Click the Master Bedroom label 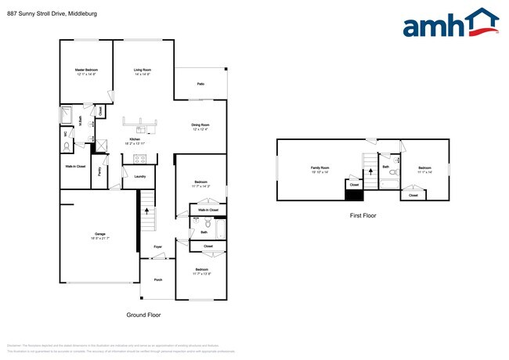click(x=85, y=70)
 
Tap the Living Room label click(x=142, y=70)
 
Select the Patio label click(x=200, y=84)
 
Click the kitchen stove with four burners click(x=141, y=159)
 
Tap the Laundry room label click(x=140, y=177)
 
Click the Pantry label click(x=101, y=170)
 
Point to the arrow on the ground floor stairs click(x=146, y=208)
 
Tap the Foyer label click(x=157, y=247)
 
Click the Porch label click(x=157, y=279)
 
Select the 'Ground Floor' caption click(x=144, y=315)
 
